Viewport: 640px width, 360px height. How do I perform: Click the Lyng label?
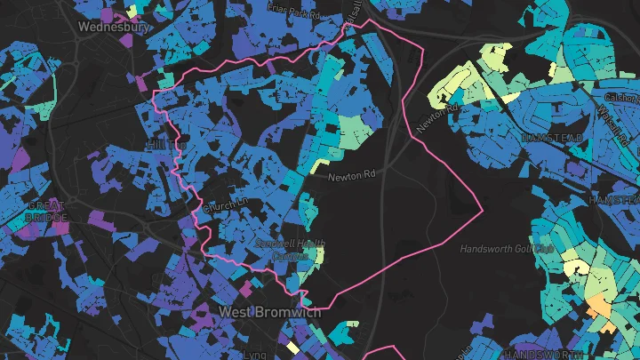click(255, 353)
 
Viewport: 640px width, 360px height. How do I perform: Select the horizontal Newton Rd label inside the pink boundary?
click(348, 177)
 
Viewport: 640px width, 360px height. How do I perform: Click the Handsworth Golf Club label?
click(508, 248)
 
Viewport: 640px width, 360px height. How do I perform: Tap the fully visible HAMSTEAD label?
click(552, 139)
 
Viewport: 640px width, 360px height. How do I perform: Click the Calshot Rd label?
click(621, 97)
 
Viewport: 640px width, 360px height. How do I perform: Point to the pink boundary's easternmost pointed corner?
click(483, 210)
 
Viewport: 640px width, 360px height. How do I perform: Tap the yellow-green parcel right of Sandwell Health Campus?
click(318, 255)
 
